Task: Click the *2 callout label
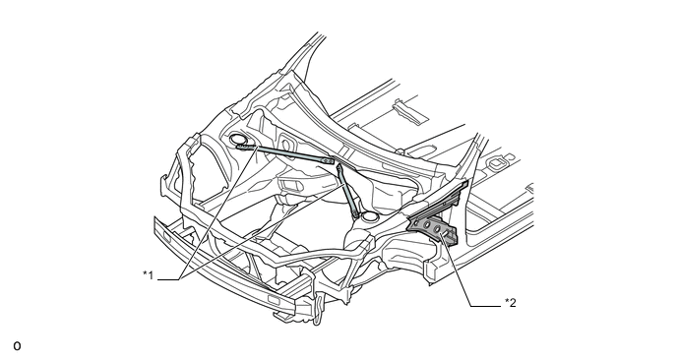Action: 510,302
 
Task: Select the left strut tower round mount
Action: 240,141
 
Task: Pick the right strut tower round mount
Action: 369,213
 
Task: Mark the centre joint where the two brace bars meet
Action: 336,162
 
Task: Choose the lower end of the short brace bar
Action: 356,209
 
